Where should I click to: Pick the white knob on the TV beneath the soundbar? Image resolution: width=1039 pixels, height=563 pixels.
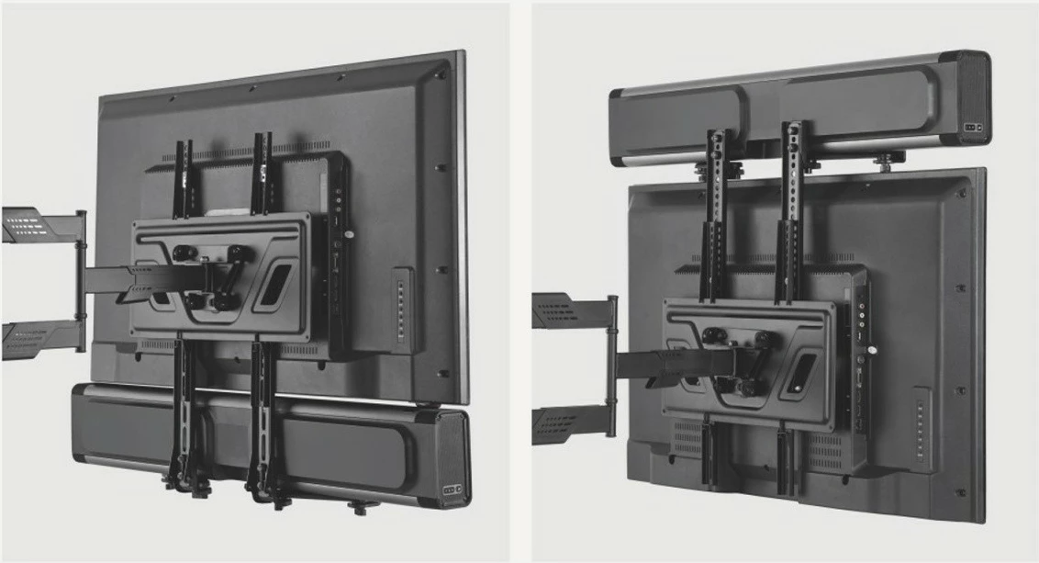coord(875,350)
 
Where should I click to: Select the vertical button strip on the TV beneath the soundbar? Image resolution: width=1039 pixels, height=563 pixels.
coord(921,430)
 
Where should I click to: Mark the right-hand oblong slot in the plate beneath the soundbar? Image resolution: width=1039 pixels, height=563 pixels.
coord(802,371)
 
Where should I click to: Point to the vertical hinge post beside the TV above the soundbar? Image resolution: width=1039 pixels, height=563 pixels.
coord(82,280)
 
